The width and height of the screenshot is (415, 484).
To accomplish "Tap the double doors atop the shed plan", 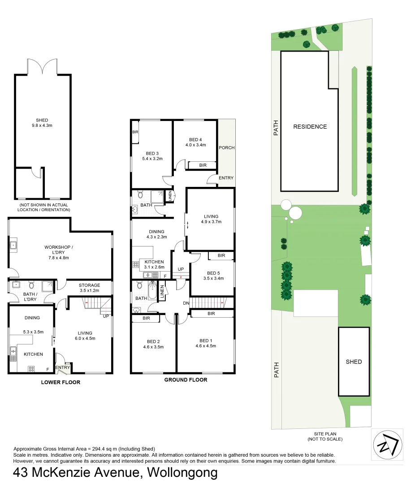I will tap(43, 67).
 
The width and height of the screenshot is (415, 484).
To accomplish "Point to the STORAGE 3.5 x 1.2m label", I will tap(89, 288).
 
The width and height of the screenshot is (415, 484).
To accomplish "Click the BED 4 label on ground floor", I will tap(195, 142).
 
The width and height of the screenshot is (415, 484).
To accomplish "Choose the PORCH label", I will tap(226, 147).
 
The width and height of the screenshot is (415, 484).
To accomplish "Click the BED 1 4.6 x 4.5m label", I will tap(207, 343).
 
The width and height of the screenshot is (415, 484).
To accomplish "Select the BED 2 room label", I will tap(153, 344).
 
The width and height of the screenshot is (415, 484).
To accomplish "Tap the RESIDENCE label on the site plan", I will tap(310, 126).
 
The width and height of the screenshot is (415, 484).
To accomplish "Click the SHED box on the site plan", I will tap(354, 361).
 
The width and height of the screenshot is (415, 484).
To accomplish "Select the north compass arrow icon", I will tap(387, 445).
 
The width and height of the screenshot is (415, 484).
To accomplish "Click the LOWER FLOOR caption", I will tap(61, 382).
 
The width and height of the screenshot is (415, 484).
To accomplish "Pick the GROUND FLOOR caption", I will tap(186, 380).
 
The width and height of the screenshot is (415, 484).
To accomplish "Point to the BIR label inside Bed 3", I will tap(135, 133).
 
